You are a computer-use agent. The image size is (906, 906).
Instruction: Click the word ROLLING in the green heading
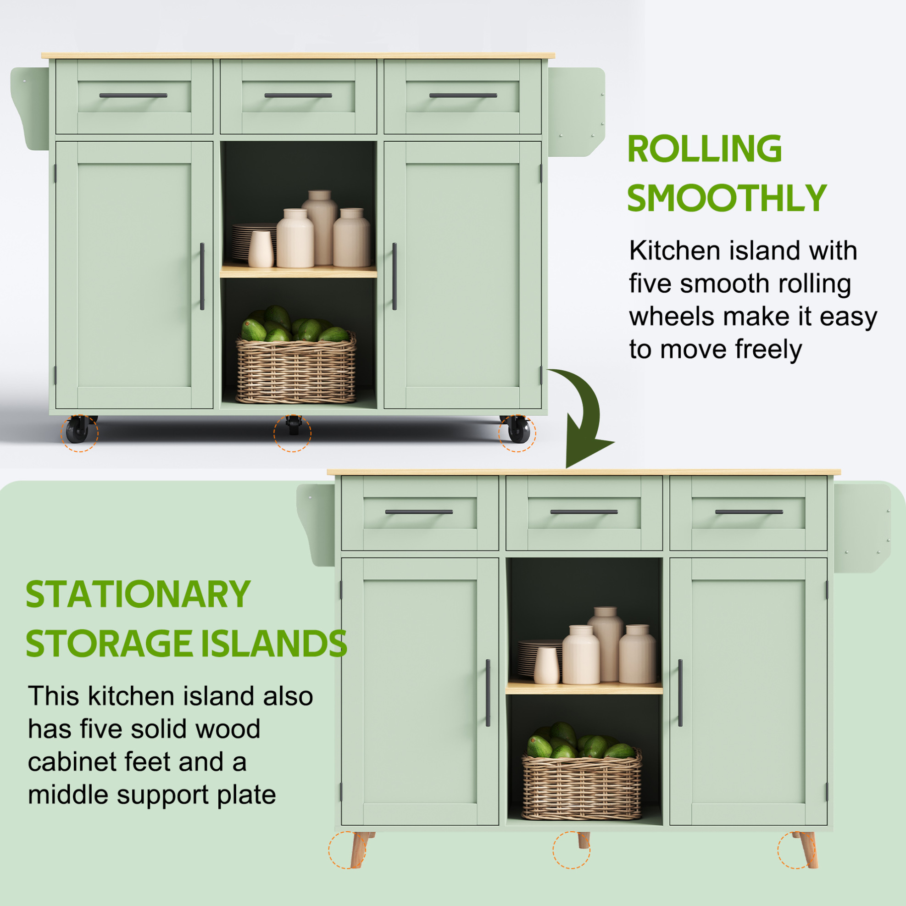pos(704,149)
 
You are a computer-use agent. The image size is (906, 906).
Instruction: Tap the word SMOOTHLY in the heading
pos(726,198)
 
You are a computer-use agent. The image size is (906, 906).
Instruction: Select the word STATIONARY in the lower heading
pos(138,594)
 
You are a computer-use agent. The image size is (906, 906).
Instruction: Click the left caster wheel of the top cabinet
pos(78,429)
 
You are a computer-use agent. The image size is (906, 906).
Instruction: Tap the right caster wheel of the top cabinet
pos(518,429)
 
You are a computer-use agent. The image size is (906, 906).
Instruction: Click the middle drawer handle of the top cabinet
pos(298,96)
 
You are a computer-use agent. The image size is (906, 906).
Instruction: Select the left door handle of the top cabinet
pos(202,276)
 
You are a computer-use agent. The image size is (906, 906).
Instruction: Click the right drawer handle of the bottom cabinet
pos(749,512)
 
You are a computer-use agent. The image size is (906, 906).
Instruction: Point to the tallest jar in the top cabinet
pos(320,228)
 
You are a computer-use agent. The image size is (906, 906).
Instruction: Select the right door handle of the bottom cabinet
pos(680,693)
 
